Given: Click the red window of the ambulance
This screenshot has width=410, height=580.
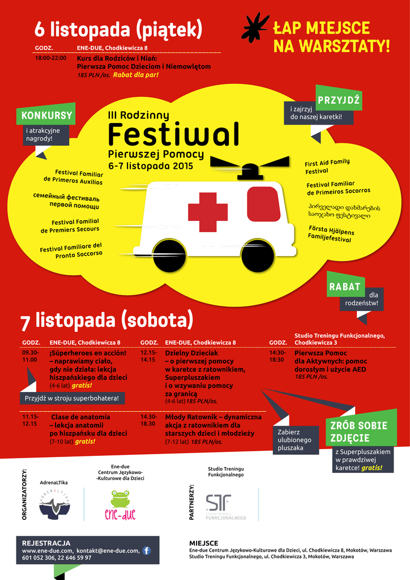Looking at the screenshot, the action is click(263, 204).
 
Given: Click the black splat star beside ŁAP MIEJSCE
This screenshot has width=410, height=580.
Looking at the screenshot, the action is click(255, 27).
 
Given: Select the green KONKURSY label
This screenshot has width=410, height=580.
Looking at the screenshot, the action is click(46, 116).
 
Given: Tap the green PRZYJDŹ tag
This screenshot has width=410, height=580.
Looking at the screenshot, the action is click(339, 100).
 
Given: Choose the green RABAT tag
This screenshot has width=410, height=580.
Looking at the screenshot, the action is click(345, 287).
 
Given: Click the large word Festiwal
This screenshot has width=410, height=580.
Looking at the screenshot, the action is click(173, 135).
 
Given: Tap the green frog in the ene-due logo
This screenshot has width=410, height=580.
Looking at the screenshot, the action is click(120, 498).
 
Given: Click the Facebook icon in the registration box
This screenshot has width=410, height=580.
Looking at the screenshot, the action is click(147, 550).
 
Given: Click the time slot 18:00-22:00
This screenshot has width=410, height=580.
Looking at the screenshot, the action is click(50, 58).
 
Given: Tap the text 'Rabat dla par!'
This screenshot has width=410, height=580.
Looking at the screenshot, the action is click(136, 75).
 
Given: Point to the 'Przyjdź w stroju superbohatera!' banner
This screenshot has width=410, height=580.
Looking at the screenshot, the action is click(72, 398).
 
